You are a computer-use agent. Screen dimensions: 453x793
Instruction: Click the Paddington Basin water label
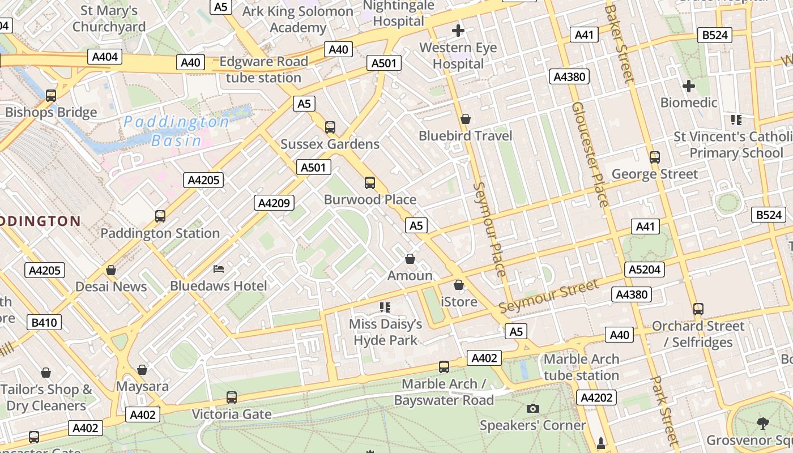176,131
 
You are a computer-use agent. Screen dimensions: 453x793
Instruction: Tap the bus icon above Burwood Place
370,182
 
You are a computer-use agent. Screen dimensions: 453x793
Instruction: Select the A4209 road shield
274,203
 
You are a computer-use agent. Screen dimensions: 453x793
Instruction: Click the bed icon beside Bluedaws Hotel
219,268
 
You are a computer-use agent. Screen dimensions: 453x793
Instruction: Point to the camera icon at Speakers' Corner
532,408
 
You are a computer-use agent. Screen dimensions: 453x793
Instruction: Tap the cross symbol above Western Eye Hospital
458,31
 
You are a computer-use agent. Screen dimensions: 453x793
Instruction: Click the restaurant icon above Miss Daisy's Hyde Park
386,307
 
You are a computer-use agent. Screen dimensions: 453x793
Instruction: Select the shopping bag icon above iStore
459,285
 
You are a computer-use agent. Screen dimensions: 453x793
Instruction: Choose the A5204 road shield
645,270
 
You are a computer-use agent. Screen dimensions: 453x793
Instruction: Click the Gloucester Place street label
590,154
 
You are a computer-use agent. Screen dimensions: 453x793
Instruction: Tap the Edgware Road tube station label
264,70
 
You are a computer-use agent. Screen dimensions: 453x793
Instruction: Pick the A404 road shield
105,56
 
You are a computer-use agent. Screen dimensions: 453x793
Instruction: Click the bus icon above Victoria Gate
231,397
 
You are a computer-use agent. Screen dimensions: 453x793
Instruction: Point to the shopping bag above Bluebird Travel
466,119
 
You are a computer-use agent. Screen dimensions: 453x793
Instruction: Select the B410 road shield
44,323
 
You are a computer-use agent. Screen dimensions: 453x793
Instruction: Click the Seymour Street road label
548,297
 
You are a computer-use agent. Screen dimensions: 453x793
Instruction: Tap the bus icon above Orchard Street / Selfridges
698,309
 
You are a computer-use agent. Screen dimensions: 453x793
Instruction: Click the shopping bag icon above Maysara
142,370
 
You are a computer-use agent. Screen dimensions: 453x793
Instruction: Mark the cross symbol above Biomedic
688,86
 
